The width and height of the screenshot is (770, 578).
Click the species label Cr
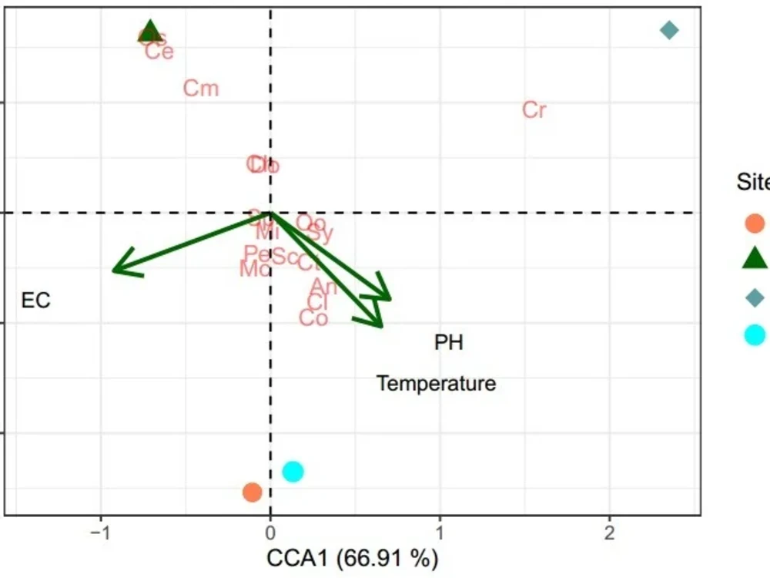pos(534,110)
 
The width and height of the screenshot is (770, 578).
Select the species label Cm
pos(201,89)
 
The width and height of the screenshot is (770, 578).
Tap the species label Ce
pos(159,52)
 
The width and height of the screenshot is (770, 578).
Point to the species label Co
pos(313,318)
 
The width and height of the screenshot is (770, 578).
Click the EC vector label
pos(35,301)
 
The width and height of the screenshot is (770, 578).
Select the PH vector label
pos(449,342)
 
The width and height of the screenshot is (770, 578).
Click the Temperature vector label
pos(436,383)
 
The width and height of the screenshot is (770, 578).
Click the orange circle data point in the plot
pos(252,492)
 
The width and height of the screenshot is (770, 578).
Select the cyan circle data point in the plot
pos(293,471)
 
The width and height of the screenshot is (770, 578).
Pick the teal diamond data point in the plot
pos(669,31)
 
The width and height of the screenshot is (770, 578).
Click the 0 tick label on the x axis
pos(270,534)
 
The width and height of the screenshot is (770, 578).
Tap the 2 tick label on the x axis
pos(610,534)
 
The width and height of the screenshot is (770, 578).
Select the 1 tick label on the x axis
pos(440,534)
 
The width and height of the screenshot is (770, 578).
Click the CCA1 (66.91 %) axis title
pos(352,557)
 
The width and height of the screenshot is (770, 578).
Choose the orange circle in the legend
pos(755,224)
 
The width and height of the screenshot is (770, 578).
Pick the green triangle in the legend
pos(755,260)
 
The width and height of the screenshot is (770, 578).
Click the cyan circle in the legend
pos(755,334)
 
